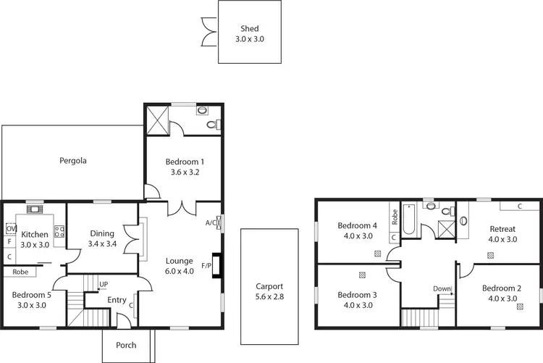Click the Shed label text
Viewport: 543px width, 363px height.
click(250, 29)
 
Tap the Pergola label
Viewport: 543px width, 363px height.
click(73, 161)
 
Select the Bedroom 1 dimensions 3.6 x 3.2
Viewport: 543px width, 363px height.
click(184, 172)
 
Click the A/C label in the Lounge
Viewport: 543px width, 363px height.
click(211, 222)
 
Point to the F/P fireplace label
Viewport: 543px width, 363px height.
click(206, 265)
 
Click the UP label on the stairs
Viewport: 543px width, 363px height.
click(104, 283)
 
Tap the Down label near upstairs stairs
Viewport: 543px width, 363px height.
click(442, 288)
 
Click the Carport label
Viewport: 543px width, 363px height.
click(269, 286)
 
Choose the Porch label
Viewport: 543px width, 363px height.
click(126, 345)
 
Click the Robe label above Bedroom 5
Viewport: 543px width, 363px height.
click(20, 272)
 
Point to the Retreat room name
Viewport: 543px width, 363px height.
click(502, 228)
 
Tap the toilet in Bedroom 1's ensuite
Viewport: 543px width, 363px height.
click(211, 125)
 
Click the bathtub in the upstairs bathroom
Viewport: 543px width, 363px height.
click(408, 222)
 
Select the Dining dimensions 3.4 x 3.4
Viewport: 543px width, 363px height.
click(102, 244)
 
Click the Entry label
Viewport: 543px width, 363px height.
click(117, 300)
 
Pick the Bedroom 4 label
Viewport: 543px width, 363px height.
click(358, 225)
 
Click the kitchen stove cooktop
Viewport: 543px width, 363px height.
click(59, 233)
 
